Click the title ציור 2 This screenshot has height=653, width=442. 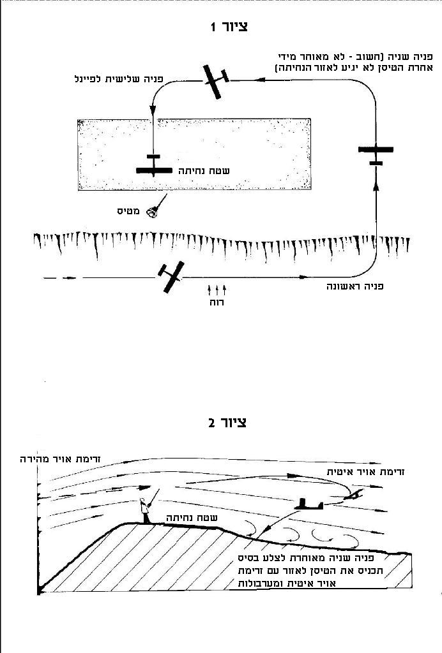[227, 423]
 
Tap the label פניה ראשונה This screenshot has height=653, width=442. [355, 286]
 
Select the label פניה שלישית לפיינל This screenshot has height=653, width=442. [118, 78]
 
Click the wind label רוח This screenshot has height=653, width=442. [217, 303]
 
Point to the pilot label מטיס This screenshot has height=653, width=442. [128, 212]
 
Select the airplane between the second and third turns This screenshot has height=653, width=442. [217, 82]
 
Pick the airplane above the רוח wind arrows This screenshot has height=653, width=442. [171, 277]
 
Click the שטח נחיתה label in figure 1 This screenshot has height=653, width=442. [204, 171]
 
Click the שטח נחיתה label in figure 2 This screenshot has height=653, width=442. [192, 518]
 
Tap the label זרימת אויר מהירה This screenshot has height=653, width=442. [61, 459]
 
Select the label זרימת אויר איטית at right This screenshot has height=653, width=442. [365, 472]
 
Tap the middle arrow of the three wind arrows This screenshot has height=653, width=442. [217, 290]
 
